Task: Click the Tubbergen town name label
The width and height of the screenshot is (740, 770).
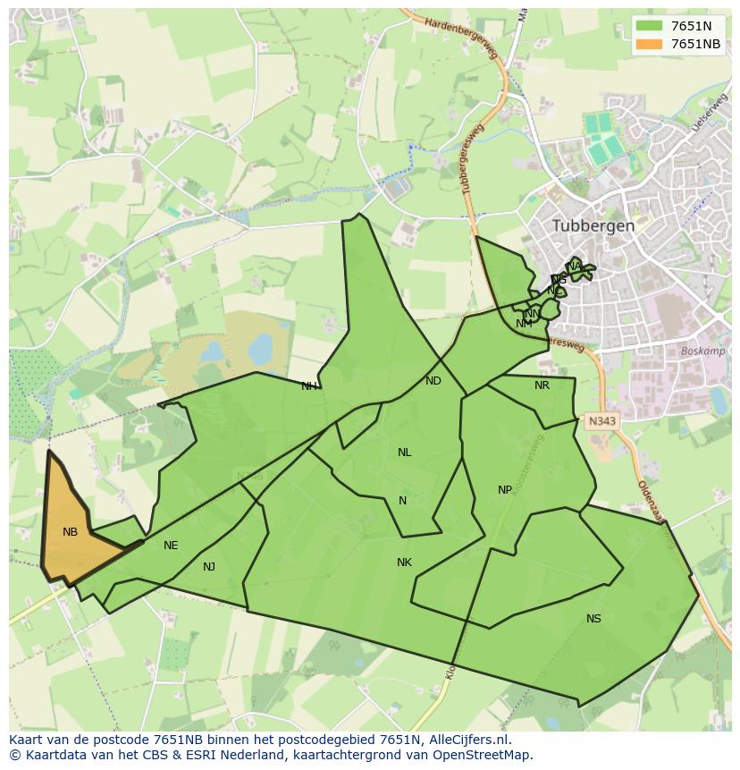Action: pyautogui.click(x=593, y=225)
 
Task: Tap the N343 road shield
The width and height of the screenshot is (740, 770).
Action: pyautogui.click(x=601, y=419)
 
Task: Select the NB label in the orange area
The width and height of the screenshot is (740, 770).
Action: pyautogui.click(x=70, y=532)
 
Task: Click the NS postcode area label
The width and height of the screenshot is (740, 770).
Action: pyautogui.click(x=593, y=619)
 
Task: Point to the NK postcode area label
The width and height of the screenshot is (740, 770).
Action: pyautogui.click(x=404, y=563)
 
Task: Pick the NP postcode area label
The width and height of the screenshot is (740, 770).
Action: pyautogui.click(x=505, y=490)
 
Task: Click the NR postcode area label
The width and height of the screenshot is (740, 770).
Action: pyautogui.click(x=542, y=385)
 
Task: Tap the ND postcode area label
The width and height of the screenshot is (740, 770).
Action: pyautogui.click(x=433, y=381)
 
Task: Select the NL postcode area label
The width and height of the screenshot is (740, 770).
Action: pyautogui.click(x=404, y=453)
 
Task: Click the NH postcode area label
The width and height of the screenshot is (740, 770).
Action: pyautogui.click(x=308, y=386)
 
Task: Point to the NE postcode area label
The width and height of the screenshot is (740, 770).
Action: pyautogui.click(x=171, y=546)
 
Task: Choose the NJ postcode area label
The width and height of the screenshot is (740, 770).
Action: pyautogui.click(x=209, y=567)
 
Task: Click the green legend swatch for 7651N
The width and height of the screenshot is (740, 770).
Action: pyautogui.click(x=649, y=26)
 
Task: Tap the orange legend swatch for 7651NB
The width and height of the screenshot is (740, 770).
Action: pyautogui.click(x=649, y=45)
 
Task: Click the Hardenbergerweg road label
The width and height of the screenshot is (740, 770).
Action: pyautogui.click(x=461, y=38)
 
